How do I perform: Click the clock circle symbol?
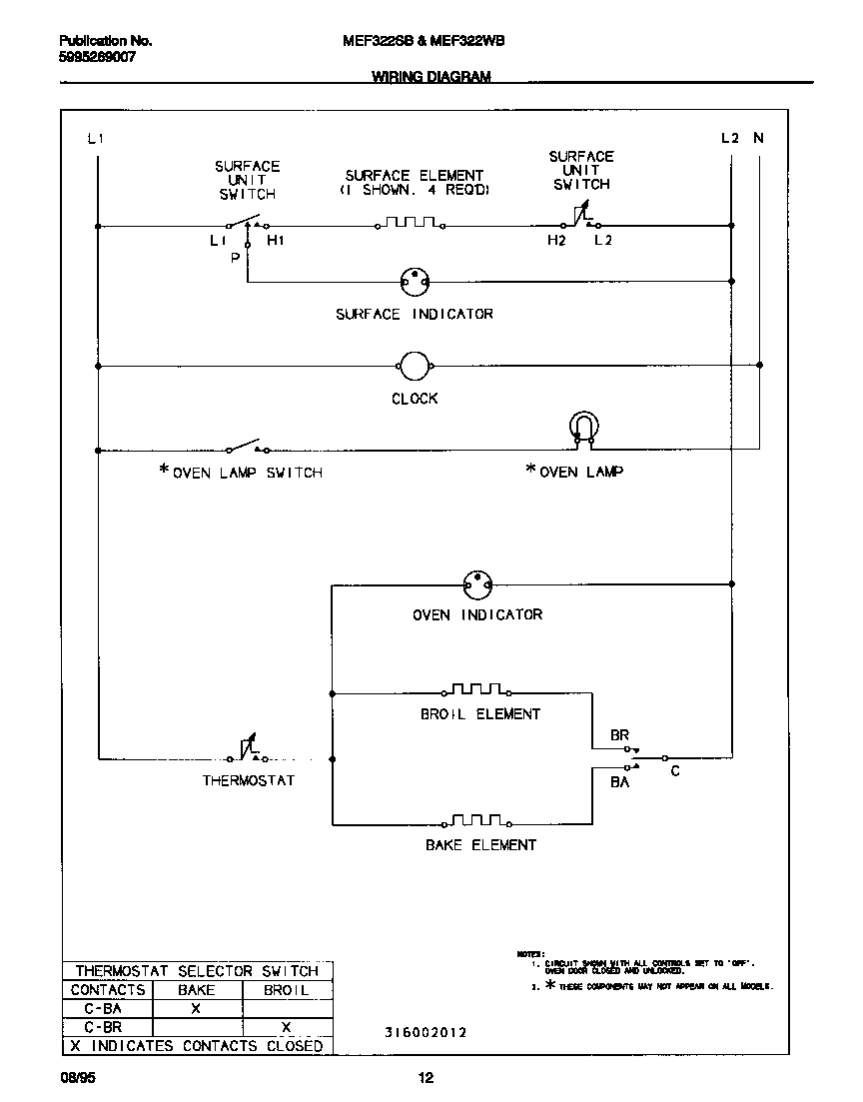[415, 367]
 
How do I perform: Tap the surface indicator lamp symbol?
[415, 283]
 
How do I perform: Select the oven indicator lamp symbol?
[478, 584]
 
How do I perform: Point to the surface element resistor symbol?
[408, 224]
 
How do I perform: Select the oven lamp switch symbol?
[246, 446]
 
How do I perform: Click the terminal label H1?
[275, 242]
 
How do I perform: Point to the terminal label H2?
[556, 242]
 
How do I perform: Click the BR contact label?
[620, 735]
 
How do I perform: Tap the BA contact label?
[620, 782]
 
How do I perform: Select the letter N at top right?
[758, 139]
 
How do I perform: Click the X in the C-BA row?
[196, 1008]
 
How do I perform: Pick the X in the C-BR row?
[286, 1027]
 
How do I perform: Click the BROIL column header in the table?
[286, 990]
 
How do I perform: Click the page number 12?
[427, 1078]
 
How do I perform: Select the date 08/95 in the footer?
[78, 1078]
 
